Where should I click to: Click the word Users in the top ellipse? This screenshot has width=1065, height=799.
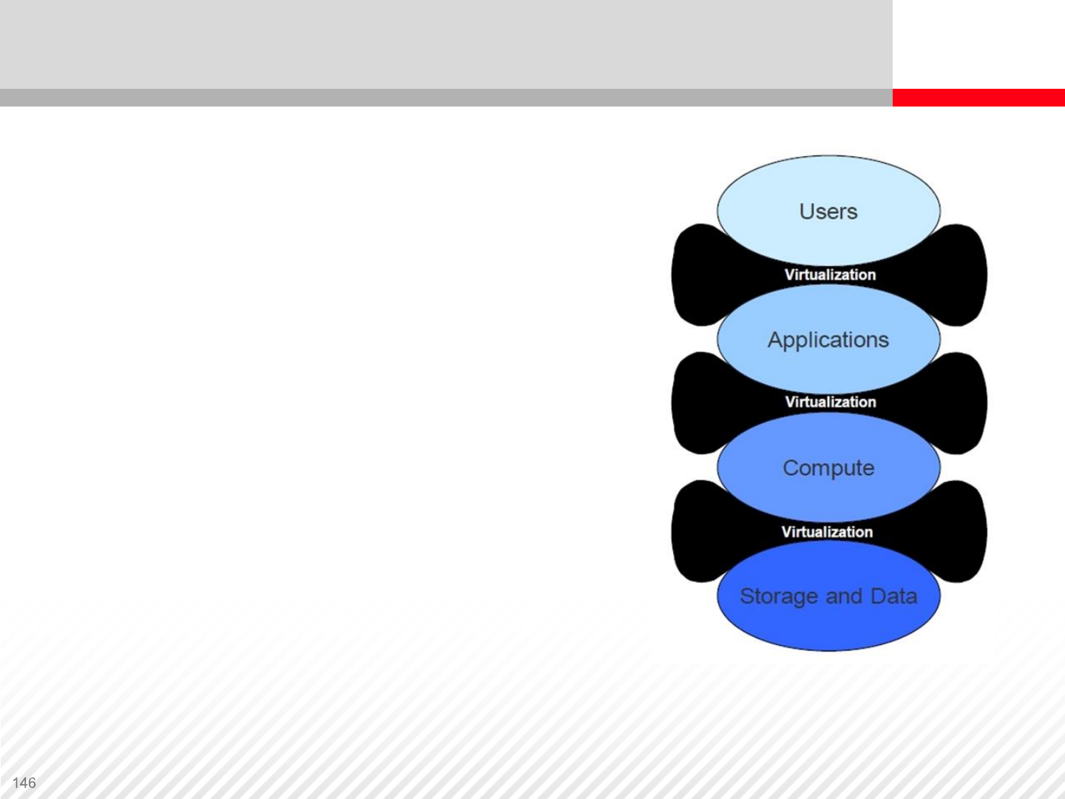[828, 212]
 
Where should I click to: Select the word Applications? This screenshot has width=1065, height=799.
[828, 340]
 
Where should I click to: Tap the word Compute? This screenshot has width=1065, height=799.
[828, 468]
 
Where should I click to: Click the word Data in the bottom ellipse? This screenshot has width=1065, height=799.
[894, 596]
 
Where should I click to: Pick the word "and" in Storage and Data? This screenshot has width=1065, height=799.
[844, 596]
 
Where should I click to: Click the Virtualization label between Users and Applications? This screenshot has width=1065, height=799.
[830, 275]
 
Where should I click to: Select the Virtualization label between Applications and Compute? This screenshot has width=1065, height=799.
[830, 402]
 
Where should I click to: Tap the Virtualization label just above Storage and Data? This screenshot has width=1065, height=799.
[827, 532]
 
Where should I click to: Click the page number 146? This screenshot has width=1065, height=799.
[24, 783]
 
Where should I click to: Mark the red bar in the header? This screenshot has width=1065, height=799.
[978, 98]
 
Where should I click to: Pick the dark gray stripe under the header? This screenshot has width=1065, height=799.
[444, 98]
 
